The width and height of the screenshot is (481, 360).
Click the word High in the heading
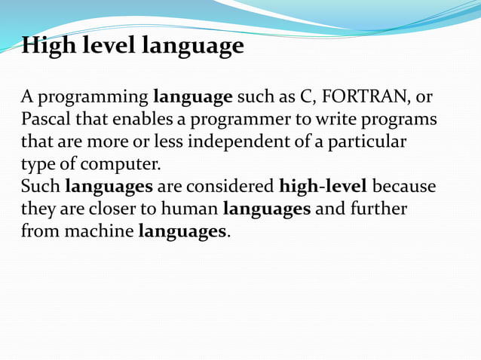coord(47,47)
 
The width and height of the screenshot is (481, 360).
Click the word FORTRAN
coord(369,97)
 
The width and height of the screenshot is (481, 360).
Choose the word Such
coord(40,186)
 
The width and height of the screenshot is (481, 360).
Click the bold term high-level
coord(323,186)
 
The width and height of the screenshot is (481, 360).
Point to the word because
coord(404,186)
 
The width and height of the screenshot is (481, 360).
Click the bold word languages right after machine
coord(183,230)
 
